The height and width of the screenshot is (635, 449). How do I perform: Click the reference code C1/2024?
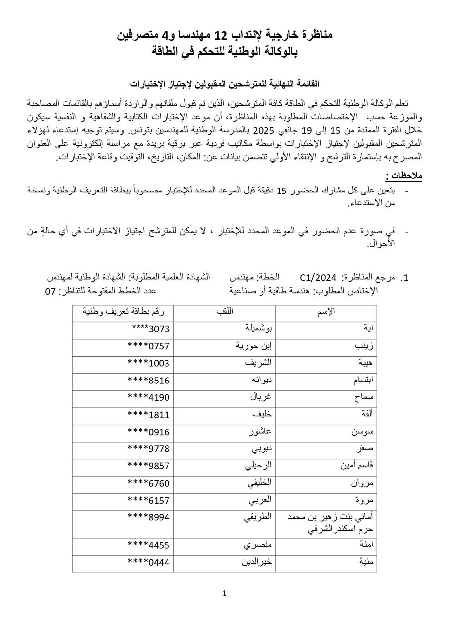[318, 277]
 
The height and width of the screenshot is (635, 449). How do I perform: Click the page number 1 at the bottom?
[224, 593]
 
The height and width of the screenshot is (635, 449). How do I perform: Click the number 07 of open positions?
[50, 291]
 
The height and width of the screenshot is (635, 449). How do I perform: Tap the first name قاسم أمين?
[358, 466]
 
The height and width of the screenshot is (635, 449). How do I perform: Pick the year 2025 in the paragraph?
[264, 131]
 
